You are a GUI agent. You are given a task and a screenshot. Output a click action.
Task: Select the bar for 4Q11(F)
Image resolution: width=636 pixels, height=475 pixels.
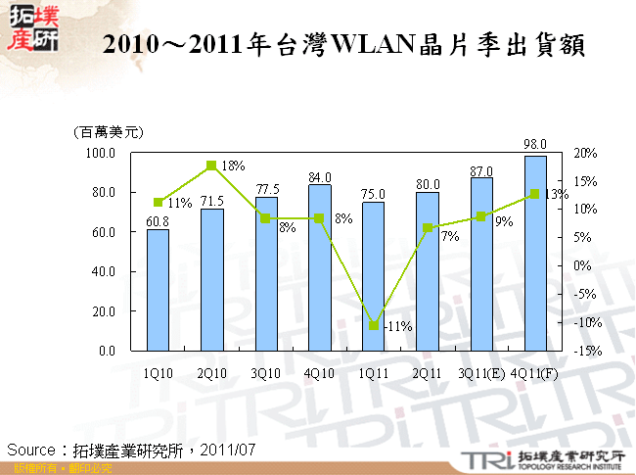click(535, 253)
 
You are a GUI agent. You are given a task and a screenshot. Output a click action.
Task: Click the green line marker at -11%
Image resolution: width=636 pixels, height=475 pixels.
click(373, 325)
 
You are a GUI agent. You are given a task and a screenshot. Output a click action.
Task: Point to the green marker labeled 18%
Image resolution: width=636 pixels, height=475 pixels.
click(211, 166)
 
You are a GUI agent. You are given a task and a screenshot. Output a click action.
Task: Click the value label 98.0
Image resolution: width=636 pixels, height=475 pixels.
click(536, 143)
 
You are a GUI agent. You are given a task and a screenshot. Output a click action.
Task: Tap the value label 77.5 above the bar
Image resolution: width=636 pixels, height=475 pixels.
click(266, 188)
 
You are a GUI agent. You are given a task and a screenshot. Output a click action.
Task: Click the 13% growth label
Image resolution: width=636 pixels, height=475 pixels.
click(556, 195)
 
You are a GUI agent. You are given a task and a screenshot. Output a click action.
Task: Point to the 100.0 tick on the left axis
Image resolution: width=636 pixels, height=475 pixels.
click(102, 154)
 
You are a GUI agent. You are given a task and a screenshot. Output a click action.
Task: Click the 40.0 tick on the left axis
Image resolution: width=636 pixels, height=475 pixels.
click(104, 271)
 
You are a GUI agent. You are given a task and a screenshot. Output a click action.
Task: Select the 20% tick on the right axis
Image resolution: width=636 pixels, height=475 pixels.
click(586, 154)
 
